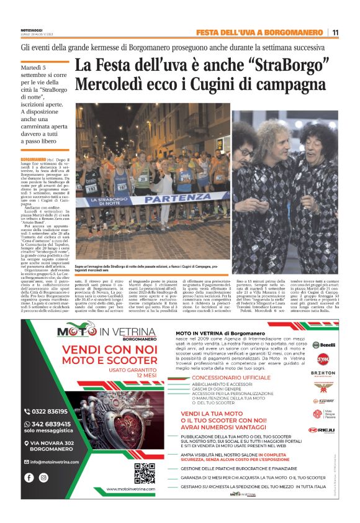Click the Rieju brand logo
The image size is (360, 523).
pos(322,429)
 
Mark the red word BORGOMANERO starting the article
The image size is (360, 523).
pos(34,160)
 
